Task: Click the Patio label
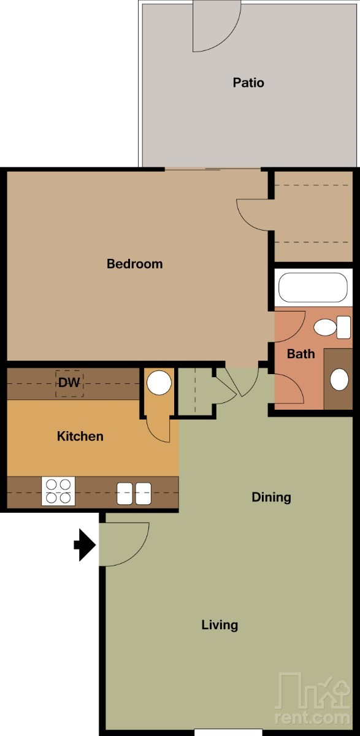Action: click(x=248, y=82)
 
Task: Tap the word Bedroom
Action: click(x=135, y=264)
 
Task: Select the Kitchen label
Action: click(x=80, y=436)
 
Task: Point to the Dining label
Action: click(x=271, y=497)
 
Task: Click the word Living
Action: click(x=220, y=625)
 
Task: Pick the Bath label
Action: click(x=301, y=354)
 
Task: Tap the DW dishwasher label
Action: click(x=69, y=383)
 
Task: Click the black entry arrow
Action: click(x=85, y=545)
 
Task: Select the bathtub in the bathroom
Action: click(x=313, y=288)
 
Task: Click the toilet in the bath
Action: click(x=332, y=328)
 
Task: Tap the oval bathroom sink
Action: click(x=339, y=380)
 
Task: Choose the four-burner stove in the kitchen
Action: click(x=58, y=491)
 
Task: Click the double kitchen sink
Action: click(x=134, y=494)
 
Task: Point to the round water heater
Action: click(x=159, y=383)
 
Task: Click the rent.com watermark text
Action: click(x=312, y=718)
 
